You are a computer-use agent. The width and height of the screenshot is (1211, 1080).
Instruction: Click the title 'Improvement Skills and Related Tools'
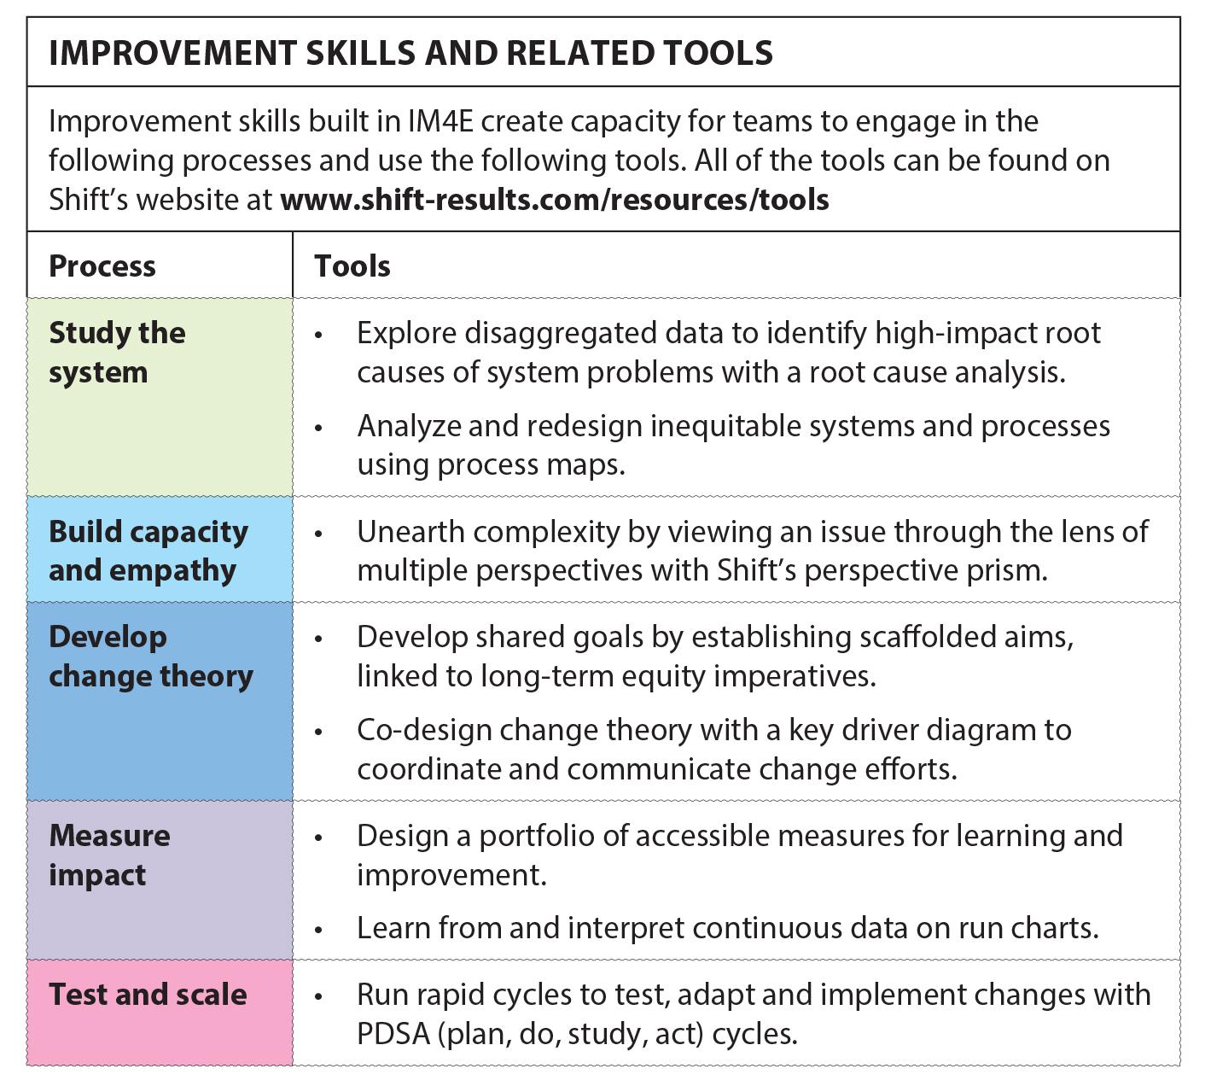click(410, 53)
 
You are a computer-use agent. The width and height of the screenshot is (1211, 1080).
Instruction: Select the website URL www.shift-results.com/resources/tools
click(555, 200)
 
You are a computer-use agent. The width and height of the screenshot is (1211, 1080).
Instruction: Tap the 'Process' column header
click(102, 266)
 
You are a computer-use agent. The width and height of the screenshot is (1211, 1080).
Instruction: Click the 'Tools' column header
click(352, 266)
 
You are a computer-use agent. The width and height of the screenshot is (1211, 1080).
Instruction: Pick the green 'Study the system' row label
click(117, 353)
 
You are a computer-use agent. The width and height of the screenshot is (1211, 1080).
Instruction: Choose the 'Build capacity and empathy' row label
click(148, 552)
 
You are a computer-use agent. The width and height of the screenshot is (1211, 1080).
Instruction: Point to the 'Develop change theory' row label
click(151, 657)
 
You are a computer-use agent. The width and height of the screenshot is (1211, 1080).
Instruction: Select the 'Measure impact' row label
click(109, 855)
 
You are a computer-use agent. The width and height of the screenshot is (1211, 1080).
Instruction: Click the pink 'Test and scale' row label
click(148, 995)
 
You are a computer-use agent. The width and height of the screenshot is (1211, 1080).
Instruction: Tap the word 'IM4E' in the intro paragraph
click(440, 121)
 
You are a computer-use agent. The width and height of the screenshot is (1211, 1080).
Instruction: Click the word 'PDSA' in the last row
click(393, 1034)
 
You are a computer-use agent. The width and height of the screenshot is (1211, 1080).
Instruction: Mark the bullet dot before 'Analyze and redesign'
click(318, 429)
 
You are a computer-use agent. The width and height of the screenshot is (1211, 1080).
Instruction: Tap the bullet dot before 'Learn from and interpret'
click(318, 930)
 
